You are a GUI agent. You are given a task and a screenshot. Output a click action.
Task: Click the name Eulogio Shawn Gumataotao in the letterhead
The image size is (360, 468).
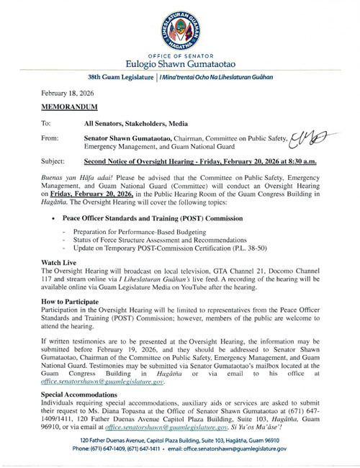coord(180,69)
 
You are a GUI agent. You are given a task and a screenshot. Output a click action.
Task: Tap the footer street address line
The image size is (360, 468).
coord(180,439)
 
